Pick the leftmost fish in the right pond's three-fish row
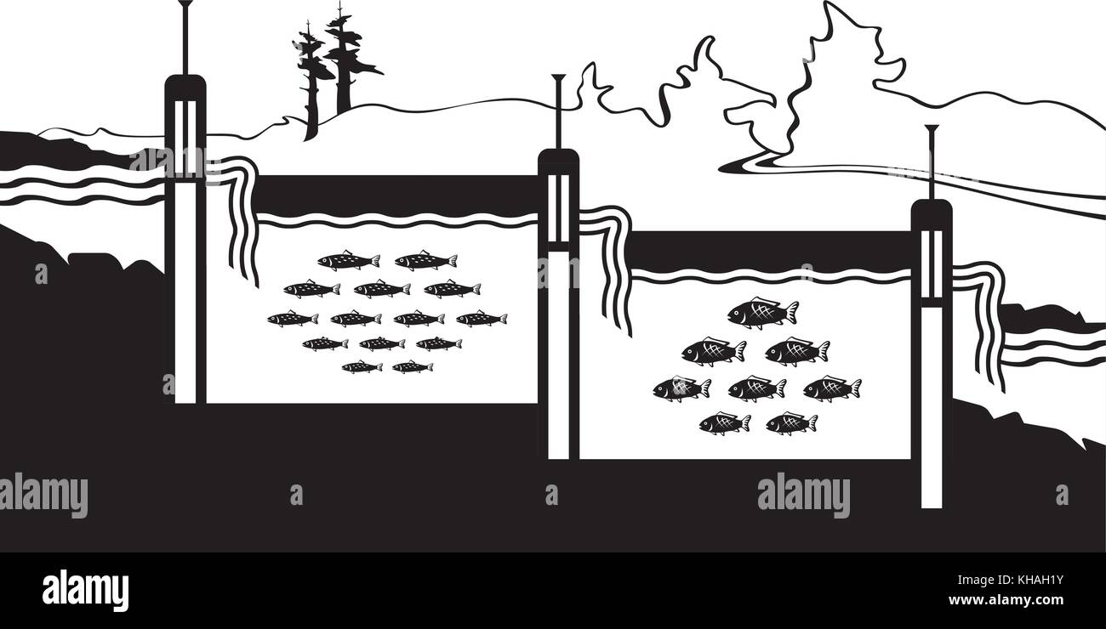pos(681,388)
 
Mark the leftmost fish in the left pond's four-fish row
pos(292,319)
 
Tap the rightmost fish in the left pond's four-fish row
pos(481,319)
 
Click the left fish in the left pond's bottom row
pos(362,366)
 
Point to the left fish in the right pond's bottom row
pos(724,422)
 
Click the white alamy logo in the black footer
pos(85,590)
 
